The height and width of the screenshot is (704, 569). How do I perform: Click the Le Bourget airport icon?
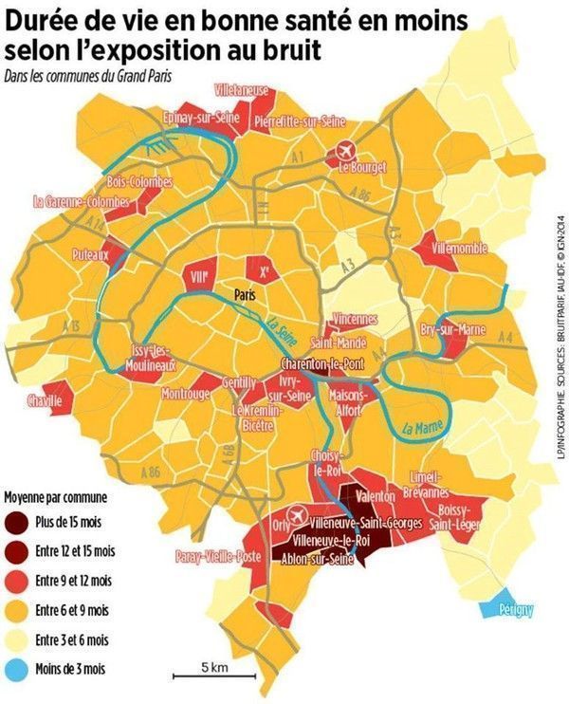click(x=347, y=152)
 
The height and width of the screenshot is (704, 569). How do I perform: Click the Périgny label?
click(x=513, y=609)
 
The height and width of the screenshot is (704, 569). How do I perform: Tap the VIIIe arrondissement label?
click(x=199, y=276)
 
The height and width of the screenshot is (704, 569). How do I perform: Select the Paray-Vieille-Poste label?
click(x=218, y=558)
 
